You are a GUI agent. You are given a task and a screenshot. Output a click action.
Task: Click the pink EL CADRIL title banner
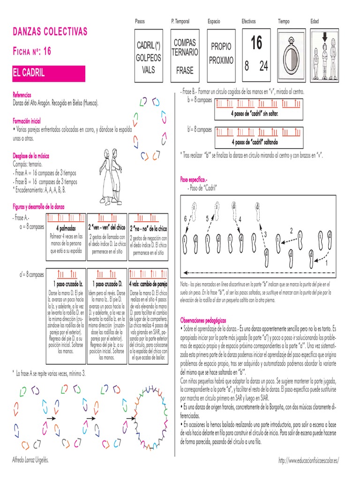[49, 74]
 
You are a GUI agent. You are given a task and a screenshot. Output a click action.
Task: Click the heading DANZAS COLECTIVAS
[50, 32]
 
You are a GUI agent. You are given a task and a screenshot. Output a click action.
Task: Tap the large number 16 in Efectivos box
[256, 44]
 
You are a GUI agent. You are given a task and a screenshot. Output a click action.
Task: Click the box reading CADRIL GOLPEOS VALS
[148, 57]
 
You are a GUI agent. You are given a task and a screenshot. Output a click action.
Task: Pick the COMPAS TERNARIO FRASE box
[184, 57]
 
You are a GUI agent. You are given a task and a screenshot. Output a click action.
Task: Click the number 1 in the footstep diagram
[327, 263]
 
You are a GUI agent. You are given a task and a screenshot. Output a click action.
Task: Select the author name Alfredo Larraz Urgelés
[30, 460]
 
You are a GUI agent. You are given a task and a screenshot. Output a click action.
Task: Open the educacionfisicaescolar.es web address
[308, 461]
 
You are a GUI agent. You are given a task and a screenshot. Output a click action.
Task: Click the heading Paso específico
[194, 180]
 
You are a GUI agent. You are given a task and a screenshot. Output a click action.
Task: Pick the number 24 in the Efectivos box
[264, 67]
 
